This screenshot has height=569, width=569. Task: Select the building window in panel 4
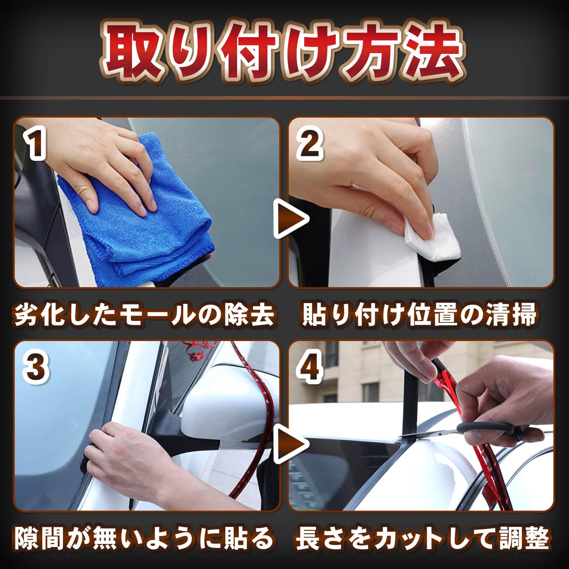click(370, 391)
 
